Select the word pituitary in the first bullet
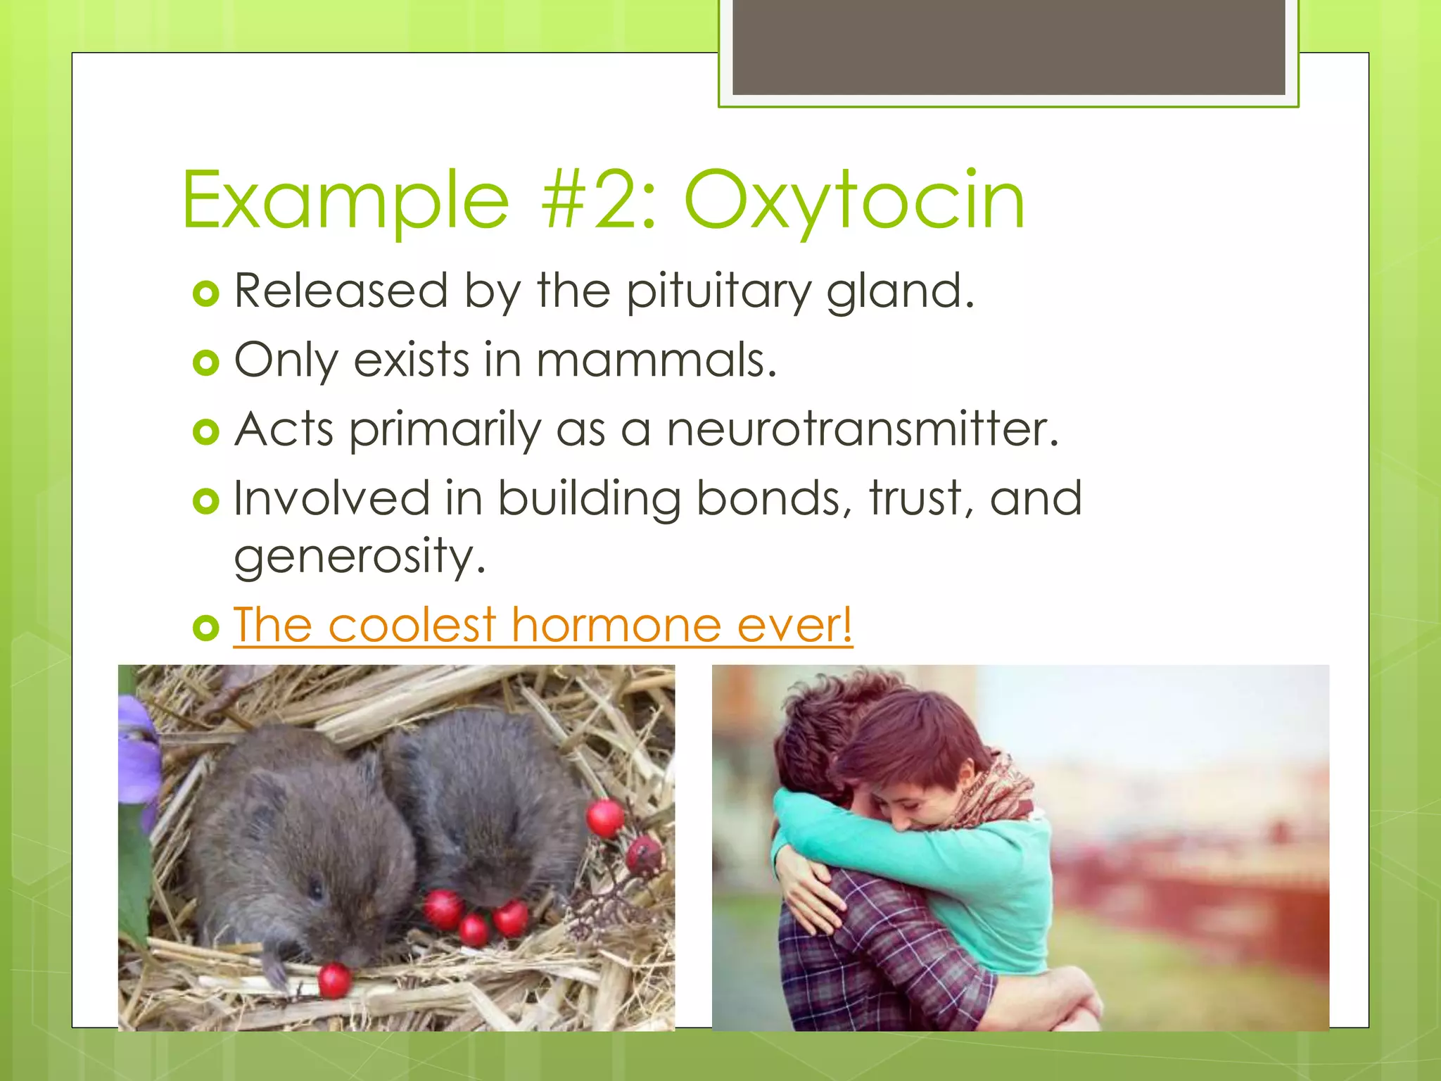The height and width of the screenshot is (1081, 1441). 718,291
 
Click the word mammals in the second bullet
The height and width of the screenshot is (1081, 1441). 656,360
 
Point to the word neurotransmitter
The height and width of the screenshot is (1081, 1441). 862,429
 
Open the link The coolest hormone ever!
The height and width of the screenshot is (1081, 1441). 542,625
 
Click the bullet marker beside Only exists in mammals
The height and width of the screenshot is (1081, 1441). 205,362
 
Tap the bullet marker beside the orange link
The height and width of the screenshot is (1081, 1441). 205,627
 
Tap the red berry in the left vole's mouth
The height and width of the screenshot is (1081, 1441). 334,980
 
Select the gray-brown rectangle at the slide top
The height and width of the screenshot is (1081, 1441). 1008,47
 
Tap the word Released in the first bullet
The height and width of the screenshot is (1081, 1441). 341,291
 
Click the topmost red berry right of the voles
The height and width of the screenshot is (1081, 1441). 604,818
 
